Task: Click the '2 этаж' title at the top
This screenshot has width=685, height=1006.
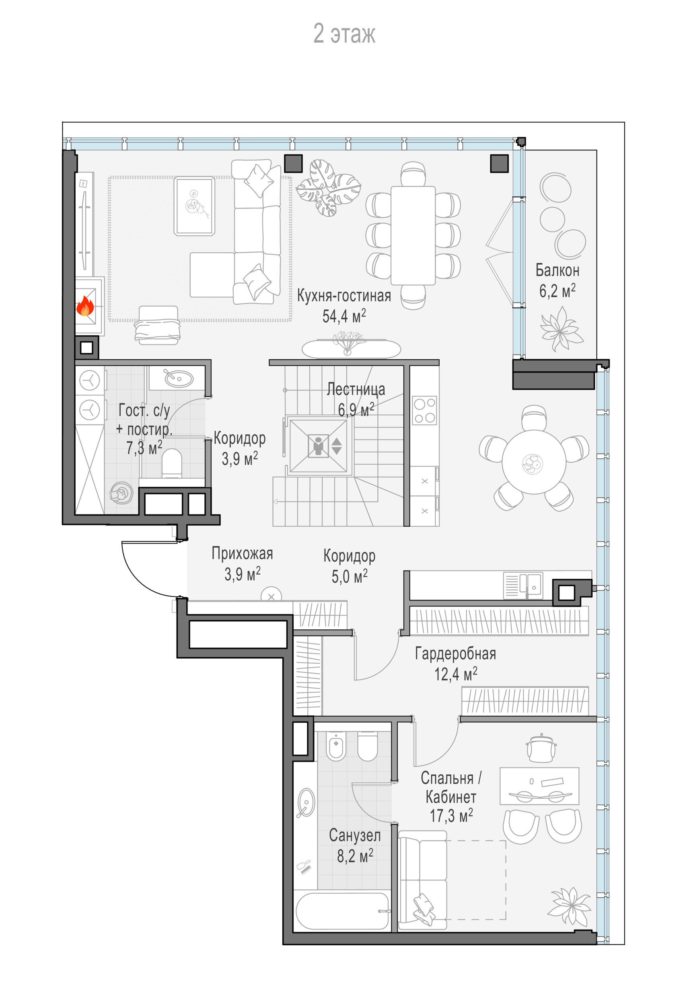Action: tap(344, 34)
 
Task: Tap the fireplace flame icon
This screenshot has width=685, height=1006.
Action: tap(85, 307)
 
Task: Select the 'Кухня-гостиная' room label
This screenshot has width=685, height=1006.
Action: tap(344, 296)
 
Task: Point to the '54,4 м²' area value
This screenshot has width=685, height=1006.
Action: tap(344, 316)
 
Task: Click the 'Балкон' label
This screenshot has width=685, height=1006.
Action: tap(557, 270)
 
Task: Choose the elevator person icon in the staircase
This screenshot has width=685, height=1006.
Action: tap(319, 446)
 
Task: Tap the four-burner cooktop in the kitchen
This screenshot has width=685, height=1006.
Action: tap(424, 410)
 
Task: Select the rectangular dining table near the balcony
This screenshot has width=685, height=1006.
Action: tap(413, 235)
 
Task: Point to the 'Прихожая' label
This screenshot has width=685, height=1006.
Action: tap(242, 553)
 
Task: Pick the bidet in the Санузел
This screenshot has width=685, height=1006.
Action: tap(336, 745)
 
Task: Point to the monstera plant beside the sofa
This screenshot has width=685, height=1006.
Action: tap(329, 188)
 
